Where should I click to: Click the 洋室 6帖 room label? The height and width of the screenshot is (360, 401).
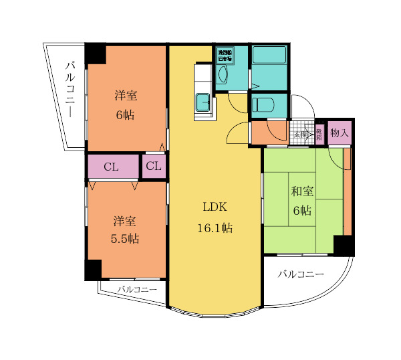125,104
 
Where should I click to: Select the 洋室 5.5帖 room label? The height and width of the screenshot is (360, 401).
125,230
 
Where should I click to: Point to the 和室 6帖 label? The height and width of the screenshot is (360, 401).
301,201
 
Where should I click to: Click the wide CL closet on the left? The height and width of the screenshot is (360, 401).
112,167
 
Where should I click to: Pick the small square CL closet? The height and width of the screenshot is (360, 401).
154,167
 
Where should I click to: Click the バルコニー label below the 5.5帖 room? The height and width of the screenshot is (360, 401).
137,289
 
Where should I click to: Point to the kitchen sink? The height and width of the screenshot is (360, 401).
203,103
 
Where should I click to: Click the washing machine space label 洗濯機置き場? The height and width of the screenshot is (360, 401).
223,54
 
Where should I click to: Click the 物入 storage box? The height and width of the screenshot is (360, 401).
340,133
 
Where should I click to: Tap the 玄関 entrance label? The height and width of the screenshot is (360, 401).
301,134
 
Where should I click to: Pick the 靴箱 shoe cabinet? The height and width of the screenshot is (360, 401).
319,133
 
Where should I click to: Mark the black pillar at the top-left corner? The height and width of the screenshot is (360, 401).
95,54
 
